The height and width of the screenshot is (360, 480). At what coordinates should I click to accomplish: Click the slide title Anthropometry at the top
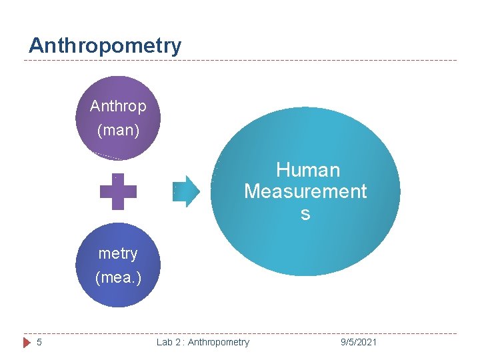click(105, 46)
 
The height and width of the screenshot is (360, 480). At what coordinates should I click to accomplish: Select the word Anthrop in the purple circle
click(118, 107)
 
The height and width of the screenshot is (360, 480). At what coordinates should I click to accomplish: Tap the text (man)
click(118, 130)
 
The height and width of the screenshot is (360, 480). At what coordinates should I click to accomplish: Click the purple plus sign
click(118, 192)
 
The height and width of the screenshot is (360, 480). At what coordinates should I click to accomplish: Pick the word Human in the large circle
click(308, 170)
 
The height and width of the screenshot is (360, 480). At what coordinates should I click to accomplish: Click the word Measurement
click(305, 192)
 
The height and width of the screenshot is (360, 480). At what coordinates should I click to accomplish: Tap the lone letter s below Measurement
click(305, 214)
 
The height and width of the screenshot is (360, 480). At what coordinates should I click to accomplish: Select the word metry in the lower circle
click(118, 253)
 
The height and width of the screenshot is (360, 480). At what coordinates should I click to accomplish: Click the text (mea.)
click(118, 277)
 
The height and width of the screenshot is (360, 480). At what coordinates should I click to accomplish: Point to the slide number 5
click(39, 342)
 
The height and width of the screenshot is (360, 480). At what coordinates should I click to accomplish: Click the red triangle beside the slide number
click(27, 342)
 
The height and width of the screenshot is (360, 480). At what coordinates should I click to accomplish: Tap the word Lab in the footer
click(165, 342)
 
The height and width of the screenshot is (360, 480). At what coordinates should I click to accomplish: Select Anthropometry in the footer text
click(219, 342)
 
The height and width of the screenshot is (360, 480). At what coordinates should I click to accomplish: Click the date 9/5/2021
click(358, 342)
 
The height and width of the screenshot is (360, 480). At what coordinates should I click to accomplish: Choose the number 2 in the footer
click(178, 342)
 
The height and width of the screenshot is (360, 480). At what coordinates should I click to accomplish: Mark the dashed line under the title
click(240, 61)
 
